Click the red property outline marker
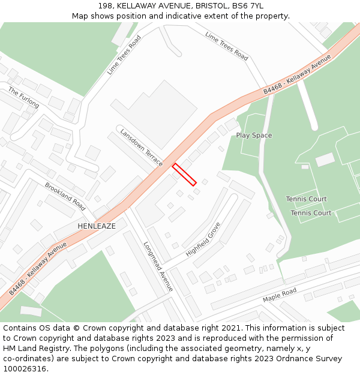coord(185,175)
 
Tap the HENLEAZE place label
coord(97,226)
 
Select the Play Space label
coord(254,136)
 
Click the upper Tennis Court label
coord(306,199)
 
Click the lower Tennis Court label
coord(311,213)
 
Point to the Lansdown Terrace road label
coord(141,147)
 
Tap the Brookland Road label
coord(65,196)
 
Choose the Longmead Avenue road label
coord(158,266)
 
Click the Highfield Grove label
coord(203,239)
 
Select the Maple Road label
coord(280,295)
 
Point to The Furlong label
coord(23,98)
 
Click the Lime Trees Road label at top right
coord(226,46)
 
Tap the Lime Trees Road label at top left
coord(124,55)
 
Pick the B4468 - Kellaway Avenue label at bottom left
coord(38,269)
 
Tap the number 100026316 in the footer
coord(26,369)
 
